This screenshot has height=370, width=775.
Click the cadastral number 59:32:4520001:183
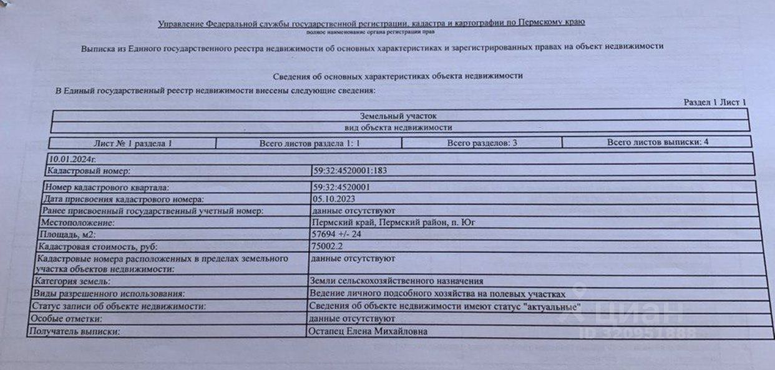click(354, 170)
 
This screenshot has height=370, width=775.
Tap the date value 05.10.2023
click(334, 199)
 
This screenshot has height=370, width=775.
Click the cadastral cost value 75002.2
click(327, 246)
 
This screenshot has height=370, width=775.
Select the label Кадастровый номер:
click(89, 171)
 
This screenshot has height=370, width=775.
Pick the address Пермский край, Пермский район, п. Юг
click(389, 222)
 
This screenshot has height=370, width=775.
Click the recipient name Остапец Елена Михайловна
click(369, 331)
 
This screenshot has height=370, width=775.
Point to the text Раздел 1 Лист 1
click(714, 102)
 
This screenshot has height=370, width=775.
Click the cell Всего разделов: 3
click(482, 143)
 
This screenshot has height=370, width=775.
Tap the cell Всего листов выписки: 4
click(657, 142)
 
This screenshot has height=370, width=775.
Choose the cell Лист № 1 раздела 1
click(132, 144)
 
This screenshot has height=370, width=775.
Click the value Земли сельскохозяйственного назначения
click(396, 281)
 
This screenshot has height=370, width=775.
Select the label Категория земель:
click(72, 282)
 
